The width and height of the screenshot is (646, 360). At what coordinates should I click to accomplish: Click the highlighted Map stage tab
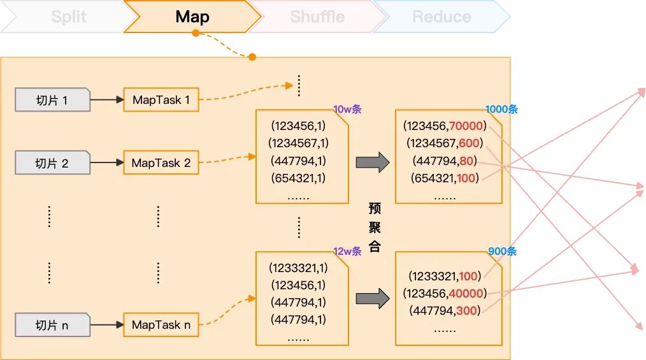point(192,17)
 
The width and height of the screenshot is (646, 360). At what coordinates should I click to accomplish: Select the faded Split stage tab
point(69,17)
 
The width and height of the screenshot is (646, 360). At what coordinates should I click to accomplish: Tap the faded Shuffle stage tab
point(317,17)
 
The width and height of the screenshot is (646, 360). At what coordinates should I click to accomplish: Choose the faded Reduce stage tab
point(441,17)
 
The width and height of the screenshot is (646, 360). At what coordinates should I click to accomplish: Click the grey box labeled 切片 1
point(52,99)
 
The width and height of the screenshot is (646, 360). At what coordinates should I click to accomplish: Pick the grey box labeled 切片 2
point(52,162)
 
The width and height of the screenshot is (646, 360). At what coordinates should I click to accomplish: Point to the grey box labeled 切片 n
point(52,325)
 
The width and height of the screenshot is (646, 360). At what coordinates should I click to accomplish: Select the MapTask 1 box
point(161,99)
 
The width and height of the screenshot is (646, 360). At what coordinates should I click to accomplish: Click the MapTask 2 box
point(161,162)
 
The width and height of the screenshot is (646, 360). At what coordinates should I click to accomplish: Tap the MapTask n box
point(161,325)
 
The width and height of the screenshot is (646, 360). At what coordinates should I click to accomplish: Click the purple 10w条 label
point(347,109)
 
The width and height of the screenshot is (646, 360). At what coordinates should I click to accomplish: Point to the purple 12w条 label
point(347,251)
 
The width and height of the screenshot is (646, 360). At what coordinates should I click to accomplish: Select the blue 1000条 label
point(501,109)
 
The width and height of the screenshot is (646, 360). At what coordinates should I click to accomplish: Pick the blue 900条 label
point(502,251)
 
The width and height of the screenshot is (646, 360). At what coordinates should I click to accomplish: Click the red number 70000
point(466,126)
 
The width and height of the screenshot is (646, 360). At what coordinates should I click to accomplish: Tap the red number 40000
point(466,293)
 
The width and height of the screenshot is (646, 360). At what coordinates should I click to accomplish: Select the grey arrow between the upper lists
point(373,162)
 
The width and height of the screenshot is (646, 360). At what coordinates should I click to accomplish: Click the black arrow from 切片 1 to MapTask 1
point(107,99)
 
